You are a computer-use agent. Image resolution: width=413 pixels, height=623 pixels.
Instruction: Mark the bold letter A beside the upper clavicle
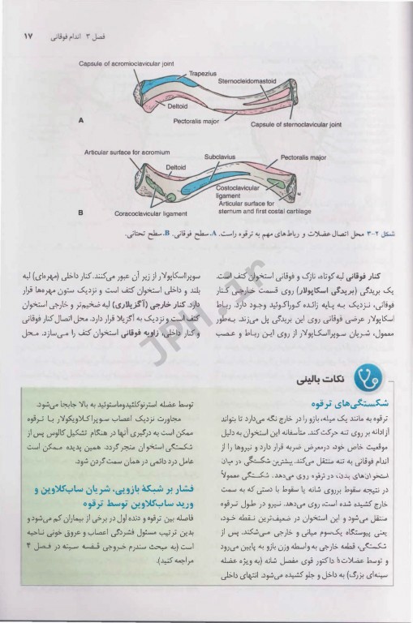(80, 120)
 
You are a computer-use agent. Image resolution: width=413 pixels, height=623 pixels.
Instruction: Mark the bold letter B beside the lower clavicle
(80, 213)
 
